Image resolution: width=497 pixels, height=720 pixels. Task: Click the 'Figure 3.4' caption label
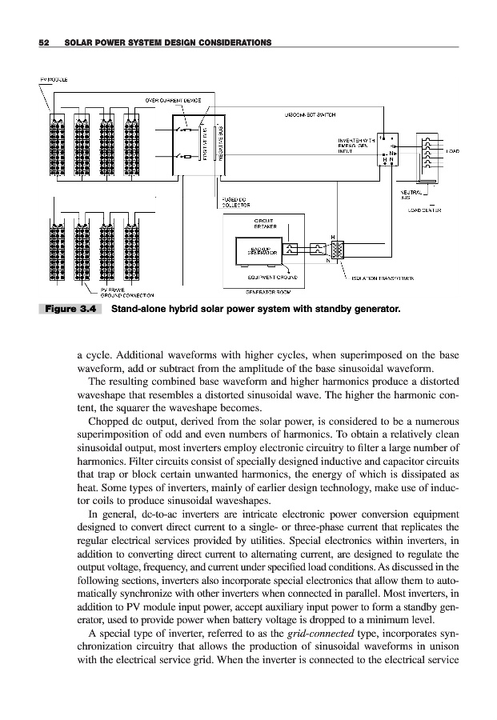(x=70, y=307)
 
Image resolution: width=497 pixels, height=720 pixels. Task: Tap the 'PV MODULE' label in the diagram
(x=53, y=80)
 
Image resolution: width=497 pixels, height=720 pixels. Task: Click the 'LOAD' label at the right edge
(x=451, y=150)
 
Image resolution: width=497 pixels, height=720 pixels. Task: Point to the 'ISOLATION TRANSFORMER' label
(x=383, y=278)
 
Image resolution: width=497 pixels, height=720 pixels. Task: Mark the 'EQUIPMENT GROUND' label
(x=273, y=277)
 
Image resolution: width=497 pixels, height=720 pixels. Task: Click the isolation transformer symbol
(x=337, y=250)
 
